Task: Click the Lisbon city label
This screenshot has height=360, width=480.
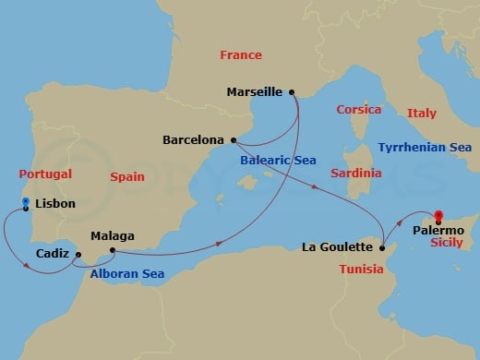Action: (x=55, y=204)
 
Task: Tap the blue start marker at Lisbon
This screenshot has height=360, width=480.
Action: (x=26, y=203)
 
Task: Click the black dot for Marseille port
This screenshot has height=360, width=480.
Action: (x=292, y=91)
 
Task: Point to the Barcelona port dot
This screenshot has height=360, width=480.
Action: (x=234, y=140)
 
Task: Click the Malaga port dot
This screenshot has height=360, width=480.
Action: (x=112, y=249)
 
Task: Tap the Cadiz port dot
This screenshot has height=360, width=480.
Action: (x=78, y=255)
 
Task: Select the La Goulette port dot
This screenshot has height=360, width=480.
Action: (x=382, y=246)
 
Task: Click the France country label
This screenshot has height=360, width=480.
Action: (x=241, y=55)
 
